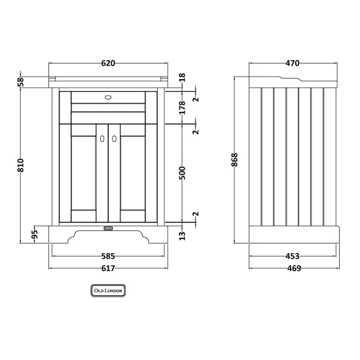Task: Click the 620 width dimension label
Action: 108,63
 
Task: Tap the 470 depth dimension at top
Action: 293,63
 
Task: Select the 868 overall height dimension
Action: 234,160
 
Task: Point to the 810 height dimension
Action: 20,165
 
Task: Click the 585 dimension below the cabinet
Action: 108,256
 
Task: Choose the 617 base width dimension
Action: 108,268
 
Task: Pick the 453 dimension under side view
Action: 293,256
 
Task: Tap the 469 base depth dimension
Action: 294,268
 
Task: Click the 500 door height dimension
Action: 182,173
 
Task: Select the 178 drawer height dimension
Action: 182,107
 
